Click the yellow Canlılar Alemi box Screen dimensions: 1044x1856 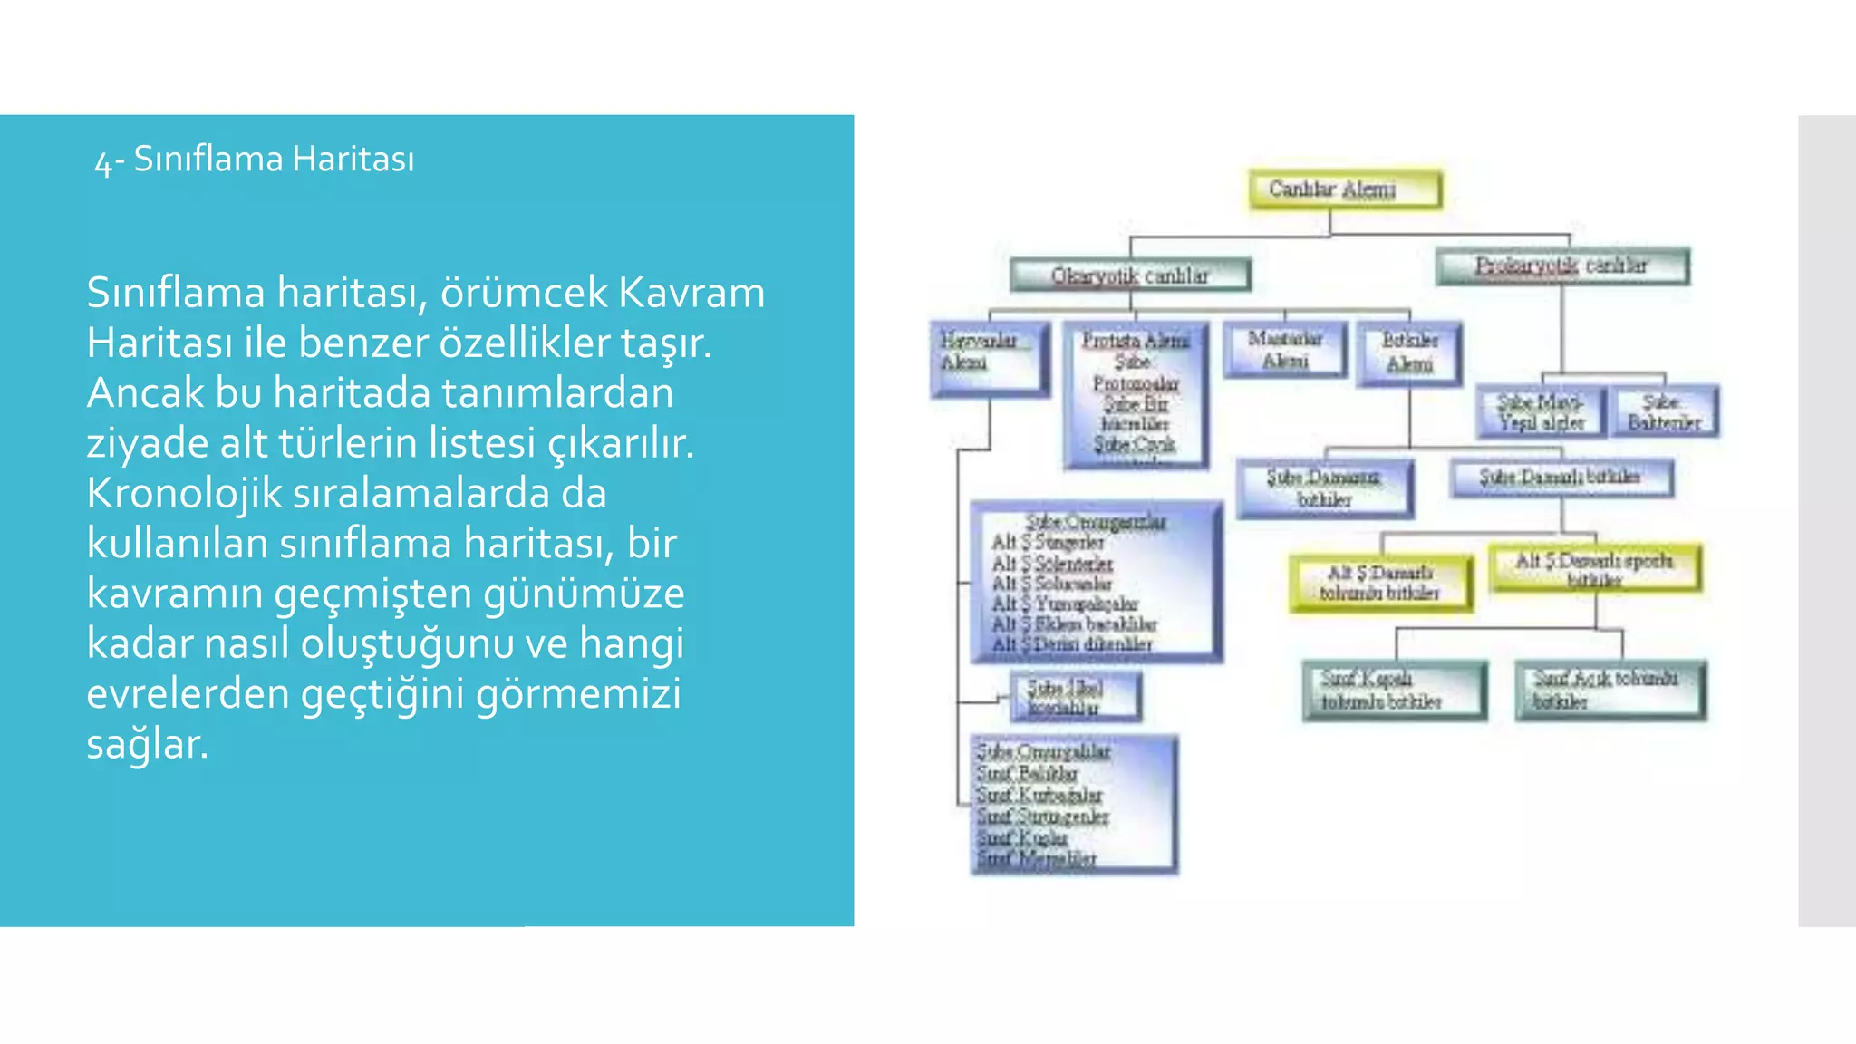1345,189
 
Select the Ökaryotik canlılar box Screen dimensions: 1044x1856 1130,275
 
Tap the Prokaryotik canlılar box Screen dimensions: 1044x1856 1562,266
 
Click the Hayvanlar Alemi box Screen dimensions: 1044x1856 989,358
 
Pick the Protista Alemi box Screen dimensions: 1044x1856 1136,394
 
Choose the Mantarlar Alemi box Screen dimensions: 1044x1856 1284,350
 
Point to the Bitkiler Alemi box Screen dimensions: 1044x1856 1409,353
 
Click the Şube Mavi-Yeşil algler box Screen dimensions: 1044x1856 1541,411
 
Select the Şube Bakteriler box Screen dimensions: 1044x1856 1664,411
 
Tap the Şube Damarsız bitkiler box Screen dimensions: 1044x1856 1324,488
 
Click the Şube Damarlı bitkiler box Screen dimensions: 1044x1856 1561,478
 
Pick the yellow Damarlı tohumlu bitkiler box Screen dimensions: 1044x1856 1380,583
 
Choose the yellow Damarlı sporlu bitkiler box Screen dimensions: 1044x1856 1595,568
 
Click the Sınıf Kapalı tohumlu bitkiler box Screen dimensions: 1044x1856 1394,690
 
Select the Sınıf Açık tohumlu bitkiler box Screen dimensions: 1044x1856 1609,690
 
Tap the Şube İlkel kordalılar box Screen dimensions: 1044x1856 1075,697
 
